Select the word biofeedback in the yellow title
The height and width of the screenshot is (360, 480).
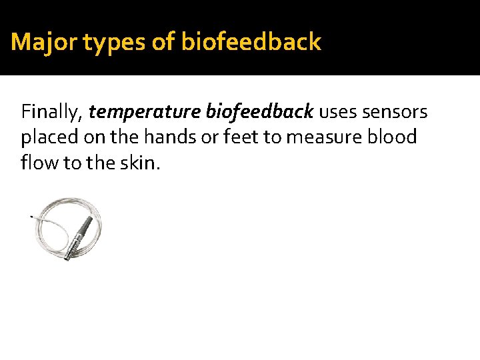[x=251, y=43]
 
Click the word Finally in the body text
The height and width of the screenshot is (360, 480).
[x=52, y=111]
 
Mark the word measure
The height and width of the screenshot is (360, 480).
[x=320, y=137]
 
